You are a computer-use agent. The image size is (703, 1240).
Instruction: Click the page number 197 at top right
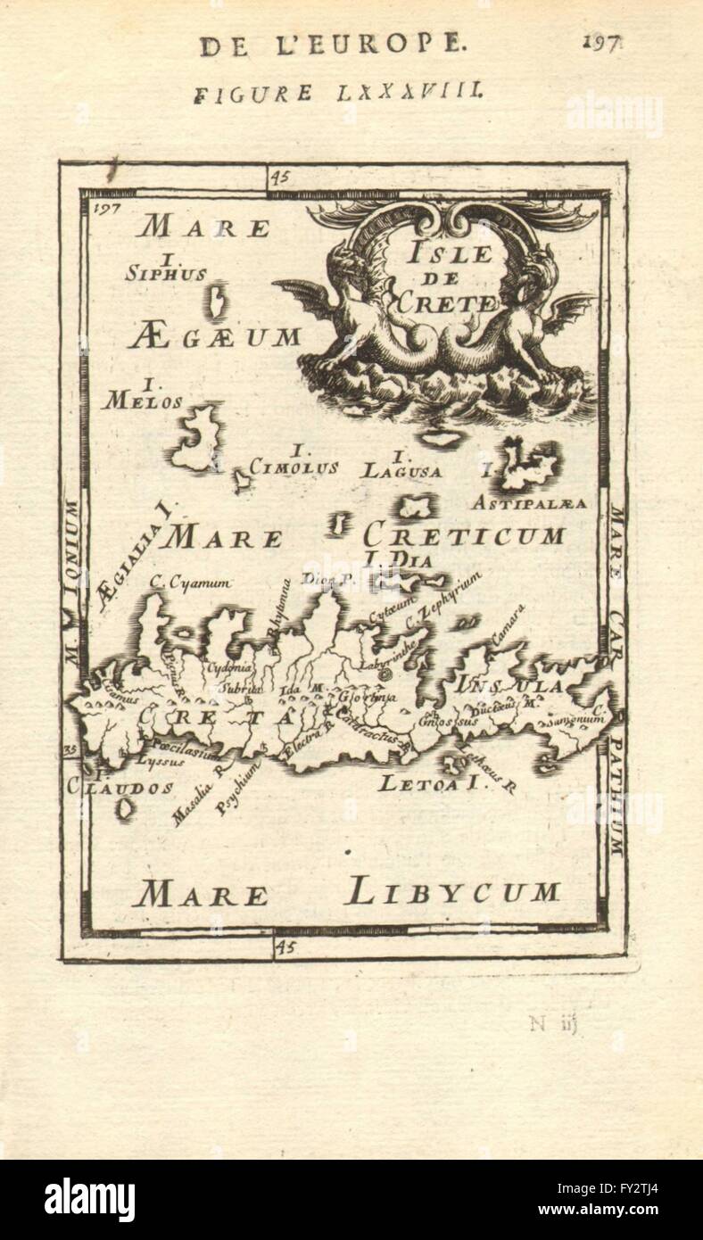pos(603,44)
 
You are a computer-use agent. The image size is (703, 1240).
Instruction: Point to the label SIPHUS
pos(166,274)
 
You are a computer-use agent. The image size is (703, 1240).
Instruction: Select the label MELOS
pos(143,401)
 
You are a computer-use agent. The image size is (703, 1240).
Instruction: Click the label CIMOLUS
pos(294,467)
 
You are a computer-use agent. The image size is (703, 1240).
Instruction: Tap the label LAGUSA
pos(401,470)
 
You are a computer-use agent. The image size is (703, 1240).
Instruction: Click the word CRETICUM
pos(464,535)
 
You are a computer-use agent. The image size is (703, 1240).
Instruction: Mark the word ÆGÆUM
pos(214,337)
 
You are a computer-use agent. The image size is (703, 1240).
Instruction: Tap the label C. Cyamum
pos(191,583)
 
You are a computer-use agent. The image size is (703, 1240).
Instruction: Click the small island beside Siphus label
pos(217,301)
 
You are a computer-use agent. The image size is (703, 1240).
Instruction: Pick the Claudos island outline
pos(124,809)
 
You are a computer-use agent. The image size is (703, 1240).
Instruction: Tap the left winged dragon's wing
pos(300,292)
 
